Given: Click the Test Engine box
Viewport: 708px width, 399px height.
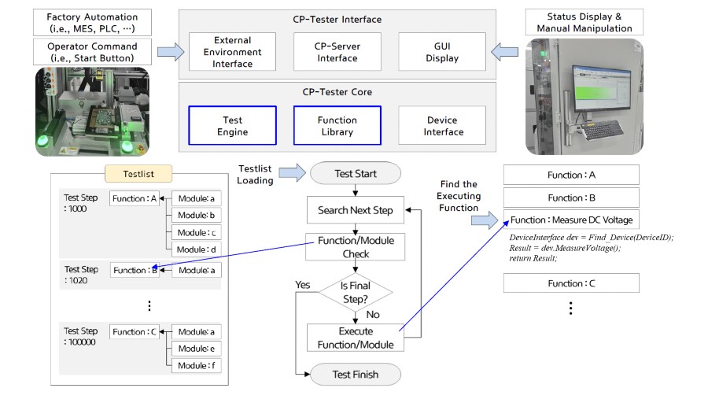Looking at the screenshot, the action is pos(233,126).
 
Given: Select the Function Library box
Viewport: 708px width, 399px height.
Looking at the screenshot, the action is pos(337,126).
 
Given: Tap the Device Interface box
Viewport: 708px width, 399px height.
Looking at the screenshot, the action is pos(442,126).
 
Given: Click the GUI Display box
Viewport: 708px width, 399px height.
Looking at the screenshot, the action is pos(442,52).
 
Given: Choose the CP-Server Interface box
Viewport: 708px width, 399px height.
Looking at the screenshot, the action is pos(337,52).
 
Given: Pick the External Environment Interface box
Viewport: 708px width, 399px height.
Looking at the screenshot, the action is pos(233,52).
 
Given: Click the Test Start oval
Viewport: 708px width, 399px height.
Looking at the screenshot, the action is pos(356,173).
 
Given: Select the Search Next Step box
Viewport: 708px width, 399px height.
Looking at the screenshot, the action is pos(356,210).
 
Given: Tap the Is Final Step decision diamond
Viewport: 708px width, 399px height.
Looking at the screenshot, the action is pos(356,292).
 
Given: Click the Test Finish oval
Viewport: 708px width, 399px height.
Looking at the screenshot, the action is pos(356,375).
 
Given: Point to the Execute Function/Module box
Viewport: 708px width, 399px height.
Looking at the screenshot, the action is pos(356,338).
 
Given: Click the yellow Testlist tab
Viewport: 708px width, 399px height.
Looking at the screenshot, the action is pos(138,174).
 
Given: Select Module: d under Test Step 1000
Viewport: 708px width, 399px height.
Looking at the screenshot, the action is pos(197,249).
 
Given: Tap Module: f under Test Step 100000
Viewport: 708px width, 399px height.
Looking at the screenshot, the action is pos(197,366).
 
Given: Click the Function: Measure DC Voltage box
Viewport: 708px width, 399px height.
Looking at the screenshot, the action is pos(571,220).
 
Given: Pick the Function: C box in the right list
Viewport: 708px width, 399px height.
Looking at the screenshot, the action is pos(571,283).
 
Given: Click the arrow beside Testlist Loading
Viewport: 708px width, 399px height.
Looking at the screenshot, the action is pos(292,173).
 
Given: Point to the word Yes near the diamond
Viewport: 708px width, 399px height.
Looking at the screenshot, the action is pos(303,285).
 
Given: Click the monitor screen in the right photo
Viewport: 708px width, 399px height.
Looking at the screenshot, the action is pos(602,87).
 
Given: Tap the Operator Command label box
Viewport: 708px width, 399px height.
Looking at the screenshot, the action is pos(92,52).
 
